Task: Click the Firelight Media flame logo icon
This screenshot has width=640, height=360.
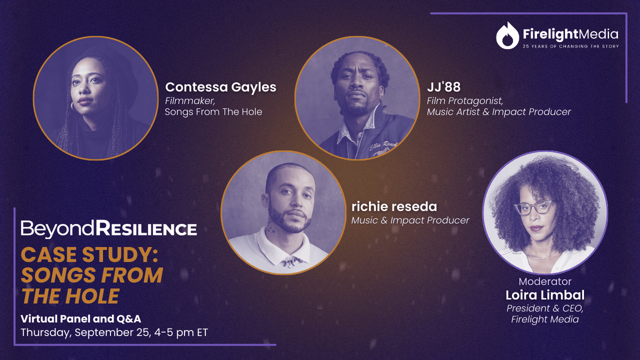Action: [x=507, y=36]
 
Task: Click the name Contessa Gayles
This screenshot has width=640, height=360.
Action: [x=221, y=87]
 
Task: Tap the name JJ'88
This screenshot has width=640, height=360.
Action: [x=444, y=87]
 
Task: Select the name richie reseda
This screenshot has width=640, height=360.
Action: [x=394, y=206]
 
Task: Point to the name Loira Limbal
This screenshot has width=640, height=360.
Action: [x=545, y=295]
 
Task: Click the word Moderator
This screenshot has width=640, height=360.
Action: [x=545, y=282]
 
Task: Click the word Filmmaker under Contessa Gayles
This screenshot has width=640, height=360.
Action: [x=190, y=101]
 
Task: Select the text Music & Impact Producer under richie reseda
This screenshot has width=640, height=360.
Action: [x=410, y=220]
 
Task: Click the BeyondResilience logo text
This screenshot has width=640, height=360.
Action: [x=109, y=229]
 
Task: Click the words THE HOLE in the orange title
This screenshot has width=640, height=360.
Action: [x=70, y=296]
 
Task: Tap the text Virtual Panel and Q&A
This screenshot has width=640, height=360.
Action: [x=81, y=319]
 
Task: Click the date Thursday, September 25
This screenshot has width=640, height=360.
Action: [x=85, y=333]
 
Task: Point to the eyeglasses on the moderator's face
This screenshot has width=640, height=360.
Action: [x=534, y=207]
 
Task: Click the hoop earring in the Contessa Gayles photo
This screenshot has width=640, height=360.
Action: [x=72, y=106]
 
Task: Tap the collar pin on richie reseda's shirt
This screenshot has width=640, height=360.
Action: [x=292, y=261]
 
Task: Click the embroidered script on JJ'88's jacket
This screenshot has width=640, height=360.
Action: [x=383, y=146]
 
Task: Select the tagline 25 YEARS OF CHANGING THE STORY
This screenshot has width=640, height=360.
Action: [x=571, y=46]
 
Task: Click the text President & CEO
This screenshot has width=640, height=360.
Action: [x=545, y=308]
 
